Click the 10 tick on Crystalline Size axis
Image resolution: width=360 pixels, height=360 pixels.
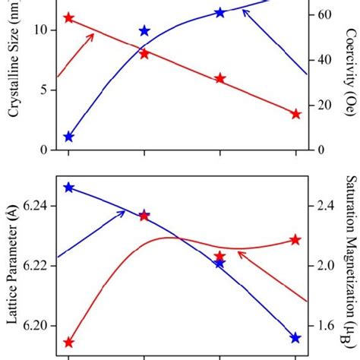[x=39, y=30]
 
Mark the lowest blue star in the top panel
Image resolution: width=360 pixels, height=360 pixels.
[x=69, y=137]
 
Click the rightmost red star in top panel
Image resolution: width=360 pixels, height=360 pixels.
[x=295, y=114]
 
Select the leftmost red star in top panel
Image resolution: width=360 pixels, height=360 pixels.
[x=69, y=17]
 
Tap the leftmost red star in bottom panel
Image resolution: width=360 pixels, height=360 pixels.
[x=69, y=342]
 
